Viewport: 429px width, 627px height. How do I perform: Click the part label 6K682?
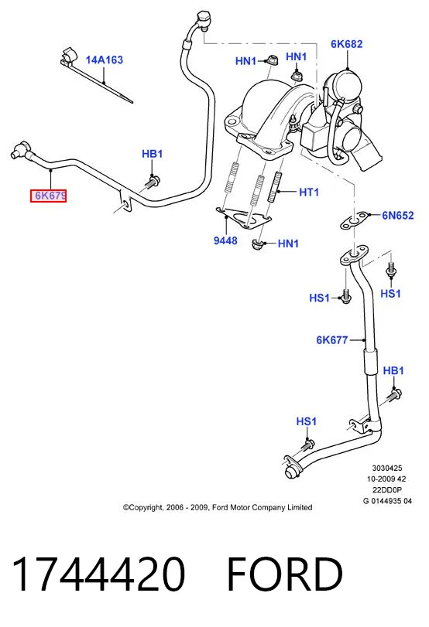(346, 44)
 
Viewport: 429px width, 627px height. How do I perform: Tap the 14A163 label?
(104, 60)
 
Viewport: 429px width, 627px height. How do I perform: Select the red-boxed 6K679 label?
(49, 196)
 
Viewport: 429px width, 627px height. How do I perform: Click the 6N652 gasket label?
(397, 216)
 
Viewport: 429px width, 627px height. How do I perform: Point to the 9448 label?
(225, 240)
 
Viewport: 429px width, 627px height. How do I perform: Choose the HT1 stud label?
(309, 193)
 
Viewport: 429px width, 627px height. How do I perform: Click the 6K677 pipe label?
(332, 340)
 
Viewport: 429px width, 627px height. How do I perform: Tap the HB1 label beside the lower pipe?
(393, 370)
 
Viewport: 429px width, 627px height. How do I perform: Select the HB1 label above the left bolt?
(153, 154)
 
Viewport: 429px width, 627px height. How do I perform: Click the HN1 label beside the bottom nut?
(288, 244)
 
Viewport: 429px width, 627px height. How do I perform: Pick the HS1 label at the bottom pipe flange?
(307, 421)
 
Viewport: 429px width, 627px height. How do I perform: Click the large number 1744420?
(98, 574)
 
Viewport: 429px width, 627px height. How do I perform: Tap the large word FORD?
(285, 574)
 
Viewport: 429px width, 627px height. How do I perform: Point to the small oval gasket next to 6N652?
(354, 221)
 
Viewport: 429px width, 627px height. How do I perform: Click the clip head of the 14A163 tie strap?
(68, 56)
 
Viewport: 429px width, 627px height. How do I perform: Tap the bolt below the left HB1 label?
(153, 182)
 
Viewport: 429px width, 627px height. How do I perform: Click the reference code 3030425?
(387, 468)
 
